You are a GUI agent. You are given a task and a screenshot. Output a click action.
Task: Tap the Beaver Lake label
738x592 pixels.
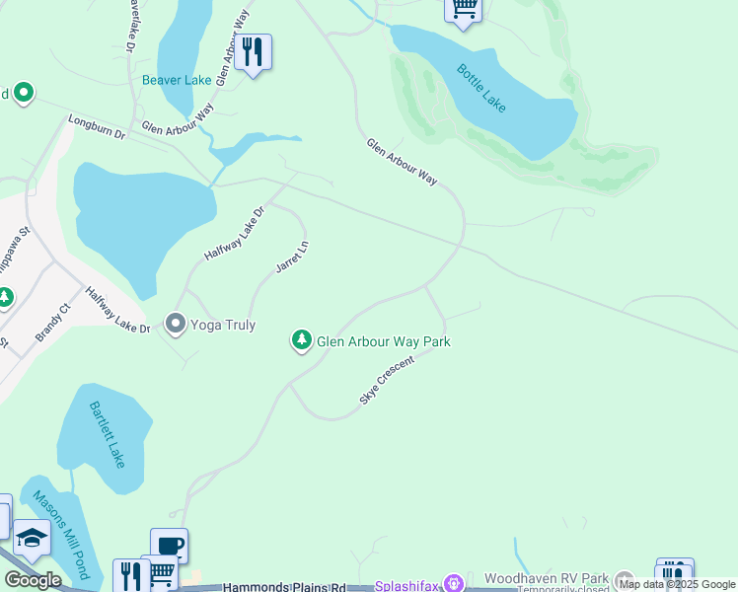[x=177, y=80]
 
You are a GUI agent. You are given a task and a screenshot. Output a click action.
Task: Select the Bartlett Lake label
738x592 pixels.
[x=107, y=434]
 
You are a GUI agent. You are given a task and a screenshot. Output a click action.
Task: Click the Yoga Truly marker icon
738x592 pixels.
[x=176, y=324]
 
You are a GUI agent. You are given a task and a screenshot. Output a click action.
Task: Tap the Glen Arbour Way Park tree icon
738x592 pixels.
[x=301, y=340]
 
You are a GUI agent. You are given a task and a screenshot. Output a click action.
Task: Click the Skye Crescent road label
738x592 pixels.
[x=388, y=379]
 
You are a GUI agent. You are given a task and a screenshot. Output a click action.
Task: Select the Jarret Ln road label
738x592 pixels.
[x=292, y=255]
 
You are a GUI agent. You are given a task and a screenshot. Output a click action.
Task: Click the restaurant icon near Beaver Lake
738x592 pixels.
[x=253, y=51]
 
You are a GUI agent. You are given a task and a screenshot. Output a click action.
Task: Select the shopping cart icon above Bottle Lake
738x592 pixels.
[x=463, y=10]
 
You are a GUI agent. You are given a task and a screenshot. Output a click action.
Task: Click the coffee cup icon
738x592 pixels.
[x=169, y=545]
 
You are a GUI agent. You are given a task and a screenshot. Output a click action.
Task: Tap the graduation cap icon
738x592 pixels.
[x=33, y=537]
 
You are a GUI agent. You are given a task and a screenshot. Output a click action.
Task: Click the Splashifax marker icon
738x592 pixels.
[x=454, y=584]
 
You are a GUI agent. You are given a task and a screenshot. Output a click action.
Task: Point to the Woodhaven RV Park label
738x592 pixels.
[x=547, y=578]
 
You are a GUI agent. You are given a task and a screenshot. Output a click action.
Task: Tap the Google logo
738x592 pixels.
[x=34, y=580]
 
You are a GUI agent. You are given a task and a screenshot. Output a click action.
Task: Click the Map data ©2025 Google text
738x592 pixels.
[x=677, y=584]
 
